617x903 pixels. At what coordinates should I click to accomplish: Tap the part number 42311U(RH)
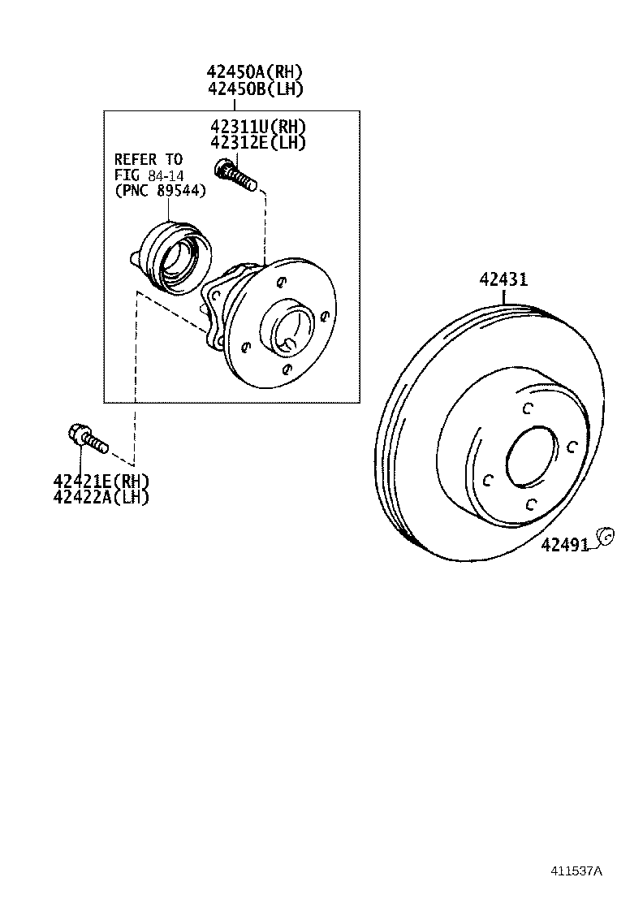(x=257, y=127)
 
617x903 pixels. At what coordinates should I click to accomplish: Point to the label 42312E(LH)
(x=257, y=143)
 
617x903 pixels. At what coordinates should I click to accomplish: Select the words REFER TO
(x=148, y=159)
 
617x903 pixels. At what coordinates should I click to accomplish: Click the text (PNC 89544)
(x=160, y=190)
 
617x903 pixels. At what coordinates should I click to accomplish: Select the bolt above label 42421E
(x=86, y=439)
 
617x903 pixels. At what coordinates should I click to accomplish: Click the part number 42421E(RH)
(x=101, y=482)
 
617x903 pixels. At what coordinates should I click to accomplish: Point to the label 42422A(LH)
(x=101, y=497)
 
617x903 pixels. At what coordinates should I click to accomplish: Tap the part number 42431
(x=503, y=280)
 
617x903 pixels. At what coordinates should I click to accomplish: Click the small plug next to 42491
(x=603, y=536)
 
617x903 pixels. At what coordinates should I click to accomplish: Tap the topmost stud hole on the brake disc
(x=527, y=408)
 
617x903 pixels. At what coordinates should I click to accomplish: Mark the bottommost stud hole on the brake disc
(x=529, y=505)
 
